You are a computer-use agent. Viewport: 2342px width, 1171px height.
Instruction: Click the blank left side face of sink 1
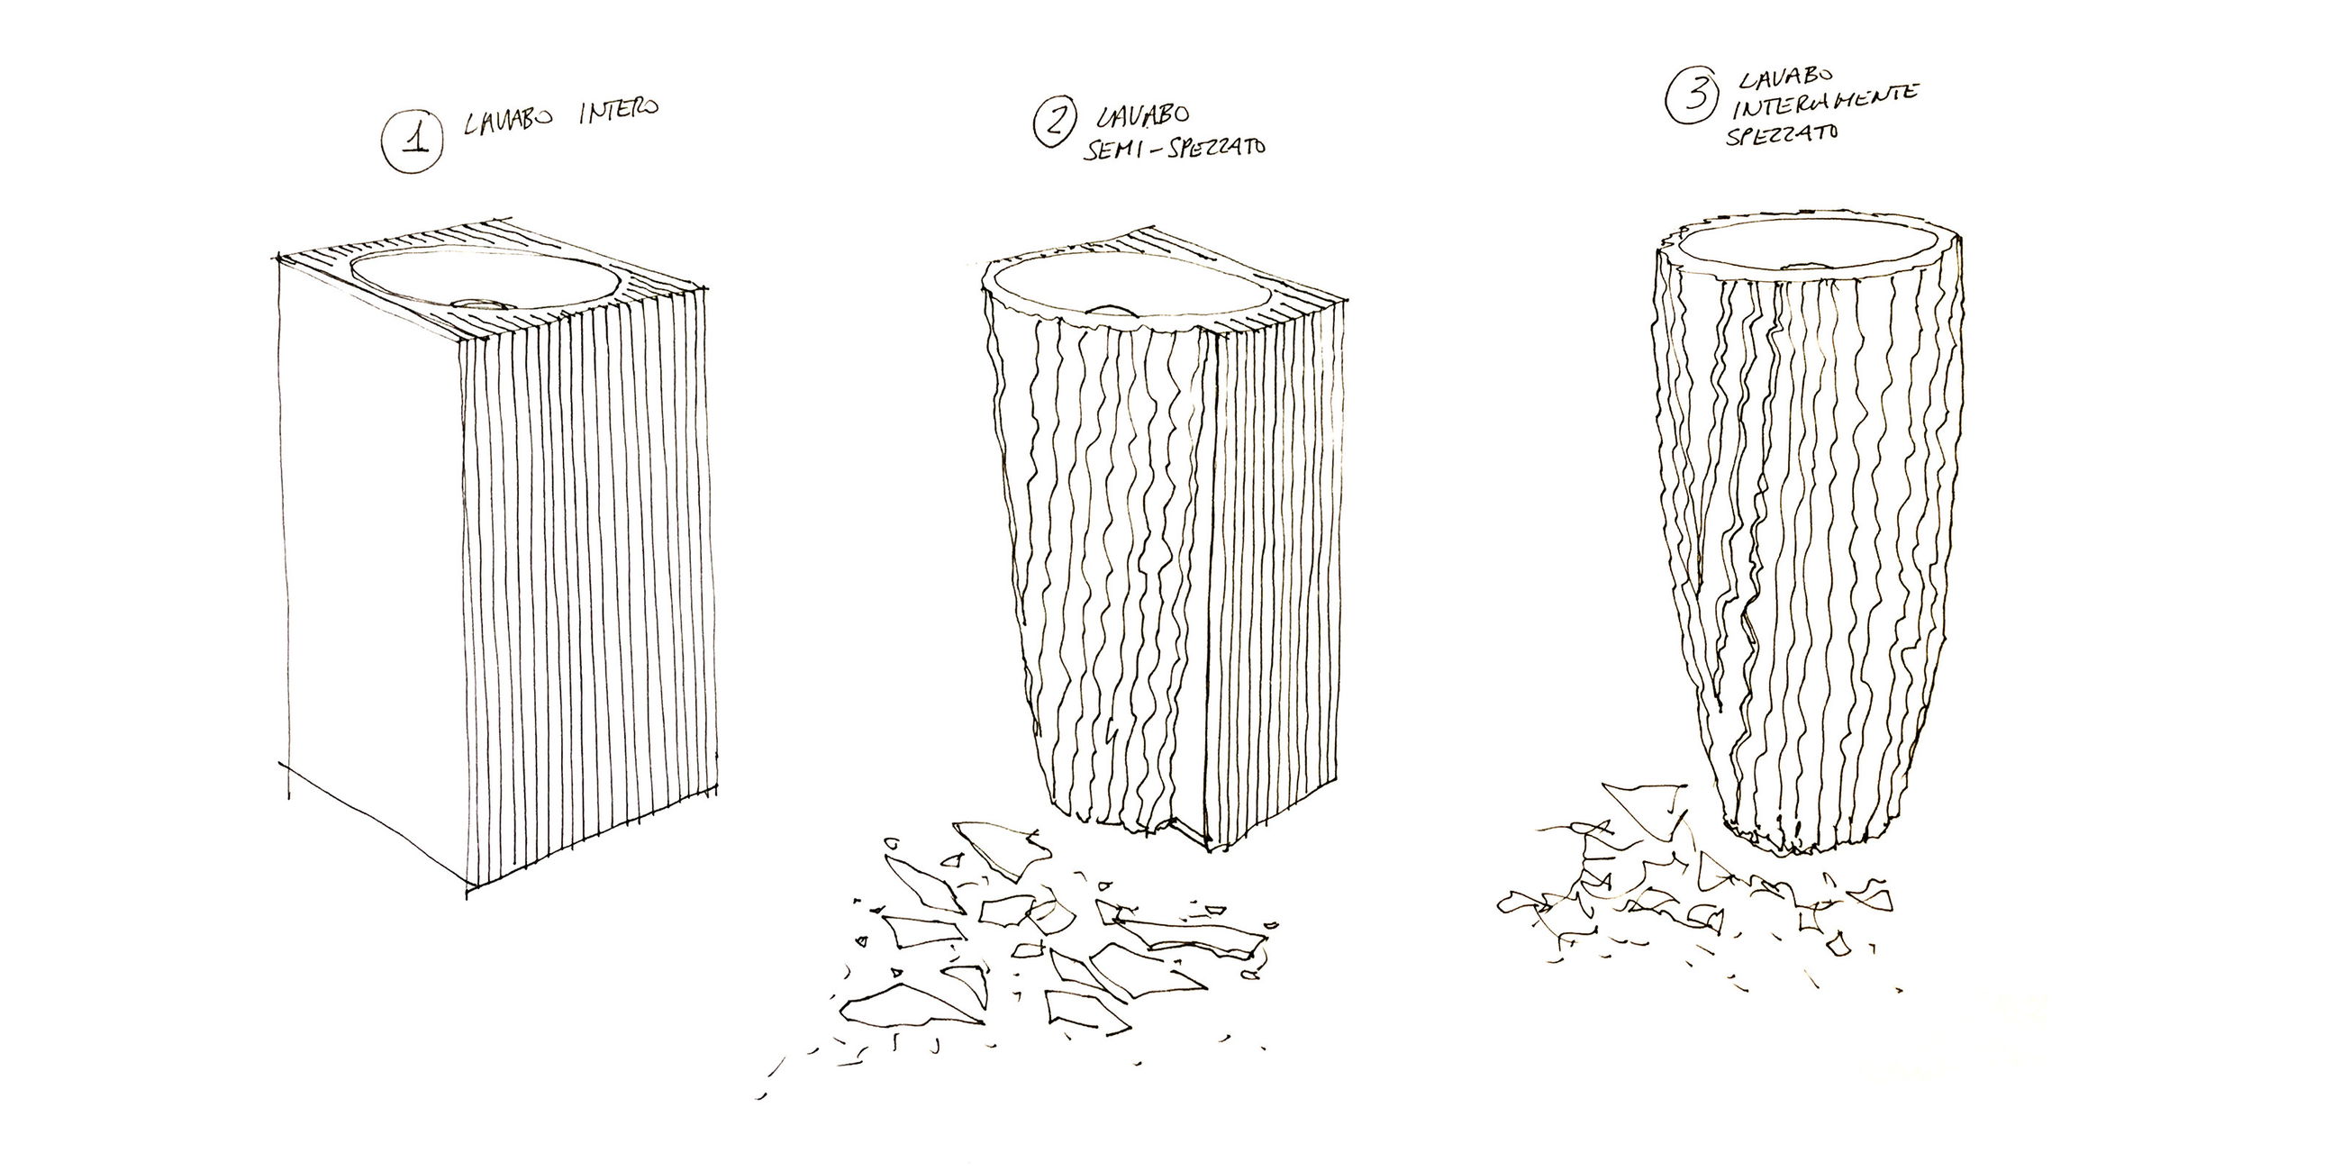tap(373, 564)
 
